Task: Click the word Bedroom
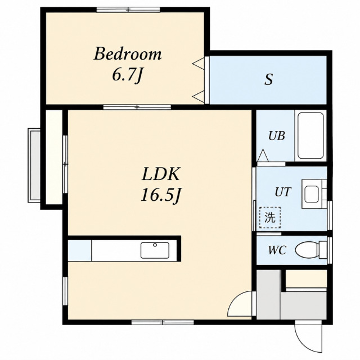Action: (x=128, y=54)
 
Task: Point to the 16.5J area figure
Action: (x=160, y=195)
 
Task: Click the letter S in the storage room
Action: (x=268, y=79)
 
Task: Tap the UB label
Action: (x=277, y=136)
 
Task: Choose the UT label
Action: (x=283, y=192)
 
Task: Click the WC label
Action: (x=277, y=250)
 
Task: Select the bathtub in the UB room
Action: (x=310, y=136)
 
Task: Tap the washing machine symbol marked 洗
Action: (x=270, y=217)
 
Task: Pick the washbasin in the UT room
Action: (x=312, y=194)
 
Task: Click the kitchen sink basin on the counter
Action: (x=155, y=250)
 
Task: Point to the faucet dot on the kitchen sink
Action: (x=155, y=245)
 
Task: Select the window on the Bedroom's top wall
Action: (x=128, y=10)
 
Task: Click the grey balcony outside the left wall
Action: (x=34, y=165)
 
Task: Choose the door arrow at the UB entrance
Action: (x=263, y=155)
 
